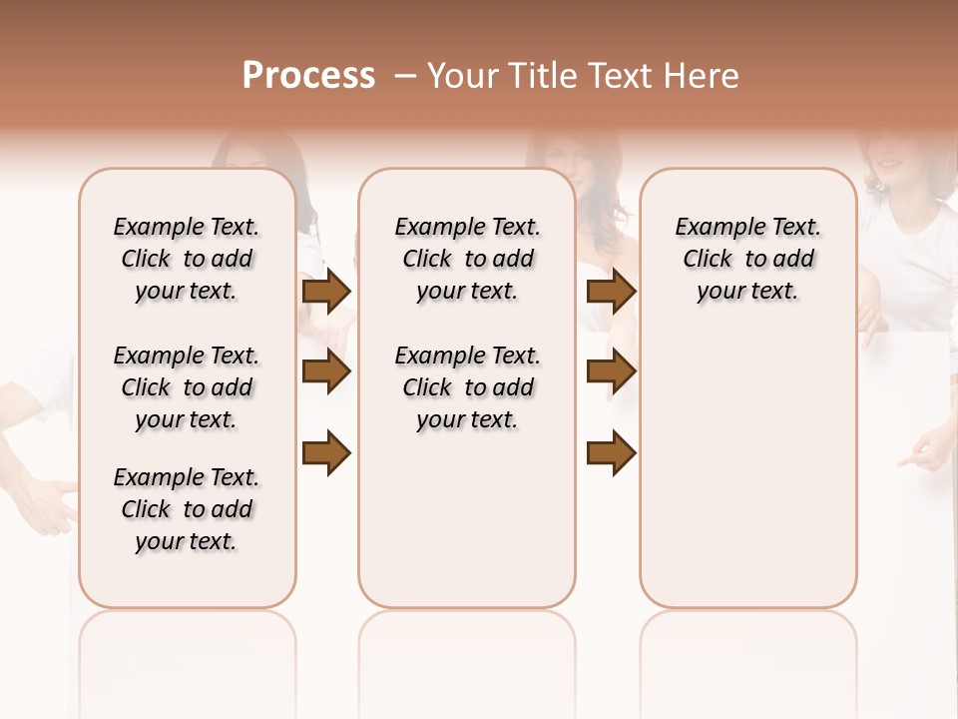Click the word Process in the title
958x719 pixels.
[308, 75]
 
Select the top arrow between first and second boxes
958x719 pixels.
[326, 291]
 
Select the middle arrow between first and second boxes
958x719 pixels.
[326, 372]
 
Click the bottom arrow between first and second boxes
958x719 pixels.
[326, 453]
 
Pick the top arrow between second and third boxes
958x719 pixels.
[611, 291]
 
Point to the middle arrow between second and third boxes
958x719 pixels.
[611, 372]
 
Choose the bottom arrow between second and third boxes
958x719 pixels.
[611, 453]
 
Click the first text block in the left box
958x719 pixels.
[187, 259]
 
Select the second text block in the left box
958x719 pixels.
[187, 387]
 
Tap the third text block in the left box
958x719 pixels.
[187, 509]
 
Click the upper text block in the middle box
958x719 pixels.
[467, 259]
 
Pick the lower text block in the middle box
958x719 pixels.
[467, 387]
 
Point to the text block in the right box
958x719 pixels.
[747, 259]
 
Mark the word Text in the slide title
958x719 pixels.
[620, 76]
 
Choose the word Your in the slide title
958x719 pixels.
[463, 76]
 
